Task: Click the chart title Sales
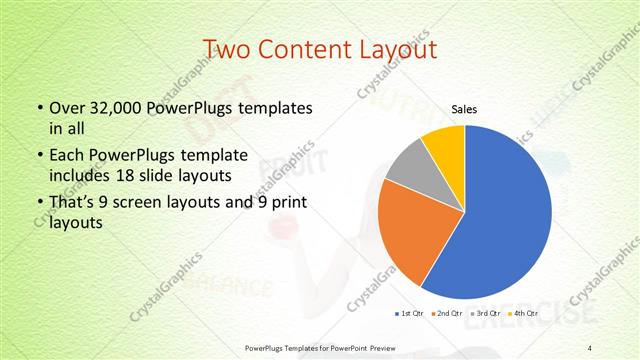[463, 109]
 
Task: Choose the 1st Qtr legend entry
[410, 314]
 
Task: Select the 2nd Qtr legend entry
[445, 314]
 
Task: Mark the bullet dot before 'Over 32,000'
[39, 108]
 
